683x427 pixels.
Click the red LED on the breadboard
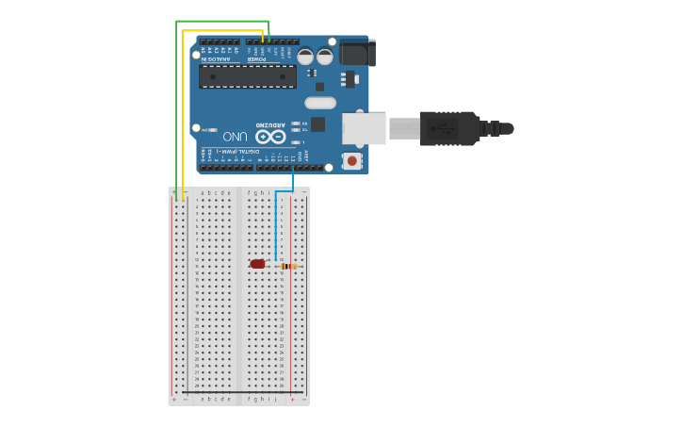pos(258,264)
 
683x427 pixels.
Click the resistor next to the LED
pos(288,266)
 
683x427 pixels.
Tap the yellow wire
pos(183,113)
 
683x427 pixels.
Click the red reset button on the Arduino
pos(352,161)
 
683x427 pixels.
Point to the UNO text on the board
pos(236,137)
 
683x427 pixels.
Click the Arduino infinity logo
pos(270,137)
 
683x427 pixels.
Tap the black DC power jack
pos(357,52)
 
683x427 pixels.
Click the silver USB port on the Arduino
pos(364,128)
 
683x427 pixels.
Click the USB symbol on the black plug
pos(442,128)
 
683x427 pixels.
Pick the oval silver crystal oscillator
pos(320,102)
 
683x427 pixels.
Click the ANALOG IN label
pos(214,59)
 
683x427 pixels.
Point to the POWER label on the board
pos(256,59)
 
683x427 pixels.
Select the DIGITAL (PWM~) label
pos(231,151)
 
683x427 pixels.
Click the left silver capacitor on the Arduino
pos(306,57)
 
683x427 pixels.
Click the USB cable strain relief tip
pos(506,128)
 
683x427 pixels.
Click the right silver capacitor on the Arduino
pos(325,57)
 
